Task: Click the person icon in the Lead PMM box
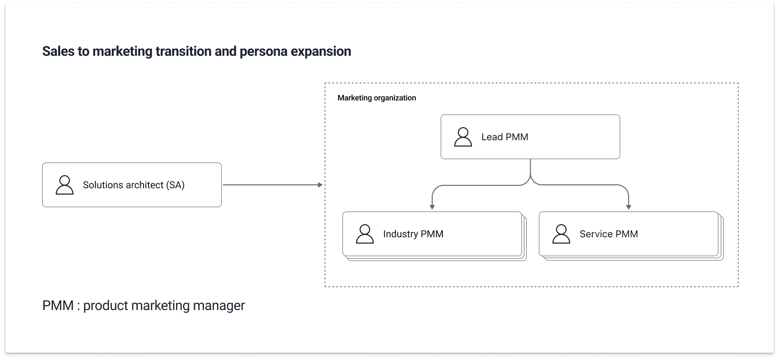[463, 137]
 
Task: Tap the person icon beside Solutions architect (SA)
[65, 185]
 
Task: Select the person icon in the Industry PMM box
[365, 234]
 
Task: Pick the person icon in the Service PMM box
[561, 234]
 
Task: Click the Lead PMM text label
[504, 137]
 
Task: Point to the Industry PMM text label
[413, 234]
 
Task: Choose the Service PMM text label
[608, 234]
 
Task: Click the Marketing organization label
[376, 98]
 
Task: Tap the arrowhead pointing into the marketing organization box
[320, 185]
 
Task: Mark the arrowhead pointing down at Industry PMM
[432, 207]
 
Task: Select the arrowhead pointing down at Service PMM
[629, 207]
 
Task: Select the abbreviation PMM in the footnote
[58, 306]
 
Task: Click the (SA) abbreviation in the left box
[175, 185]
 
